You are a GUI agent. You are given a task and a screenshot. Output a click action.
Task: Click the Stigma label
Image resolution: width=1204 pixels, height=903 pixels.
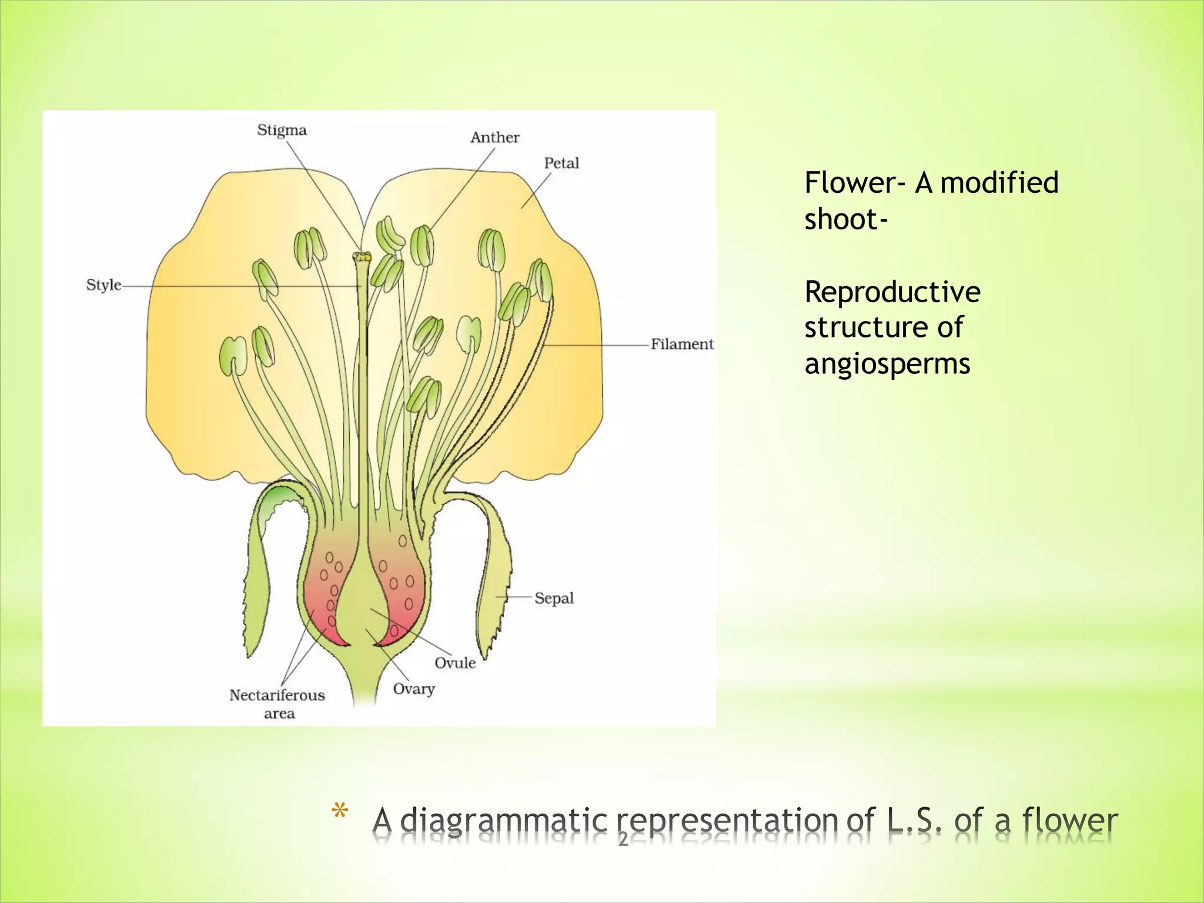point(282,131)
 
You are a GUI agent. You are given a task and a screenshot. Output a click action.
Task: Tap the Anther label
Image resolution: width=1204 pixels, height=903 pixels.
point(494,138)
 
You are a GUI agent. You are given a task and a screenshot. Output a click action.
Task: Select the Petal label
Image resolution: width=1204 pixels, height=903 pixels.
point(561,163)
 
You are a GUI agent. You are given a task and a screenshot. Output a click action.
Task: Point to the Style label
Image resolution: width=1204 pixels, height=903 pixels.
point(103,285)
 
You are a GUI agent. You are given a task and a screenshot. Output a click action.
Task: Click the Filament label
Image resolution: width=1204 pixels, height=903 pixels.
point(682,344)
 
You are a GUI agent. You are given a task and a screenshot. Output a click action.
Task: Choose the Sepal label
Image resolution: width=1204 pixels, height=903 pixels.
point(554,598)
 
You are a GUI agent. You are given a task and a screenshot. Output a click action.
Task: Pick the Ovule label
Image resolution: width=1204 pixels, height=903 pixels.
point(455,663)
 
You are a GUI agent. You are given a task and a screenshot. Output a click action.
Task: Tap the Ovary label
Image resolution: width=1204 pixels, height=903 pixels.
point(414,689)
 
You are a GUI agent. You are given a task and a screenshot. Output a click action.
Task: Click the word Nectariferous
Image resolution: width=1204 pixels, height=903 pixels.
point(277,695)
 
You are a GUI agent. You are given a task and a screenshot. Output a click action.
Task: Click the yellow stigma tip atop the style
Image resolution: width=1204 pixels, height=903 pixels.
point(362,257)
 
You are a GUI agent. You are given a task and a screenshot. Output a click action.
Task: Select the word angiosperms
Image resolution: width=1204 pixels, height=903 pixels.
point(887,364)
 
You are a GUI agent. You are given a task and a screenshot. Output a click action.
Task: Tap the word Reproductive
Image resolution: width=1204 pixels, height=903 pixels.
point(892,292)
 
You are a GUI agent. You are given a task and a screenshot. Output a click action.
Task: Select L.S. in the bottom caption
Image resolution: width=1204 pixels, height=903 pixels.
point(914,820)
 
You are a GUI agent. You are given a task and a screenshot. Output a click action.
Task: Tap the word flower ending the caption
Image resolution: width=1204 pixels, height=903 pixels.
point(1070,820)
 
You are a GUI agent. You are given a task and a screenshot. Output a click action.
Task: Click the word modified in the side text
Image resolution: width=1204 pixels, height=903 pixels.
point(999,182)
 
